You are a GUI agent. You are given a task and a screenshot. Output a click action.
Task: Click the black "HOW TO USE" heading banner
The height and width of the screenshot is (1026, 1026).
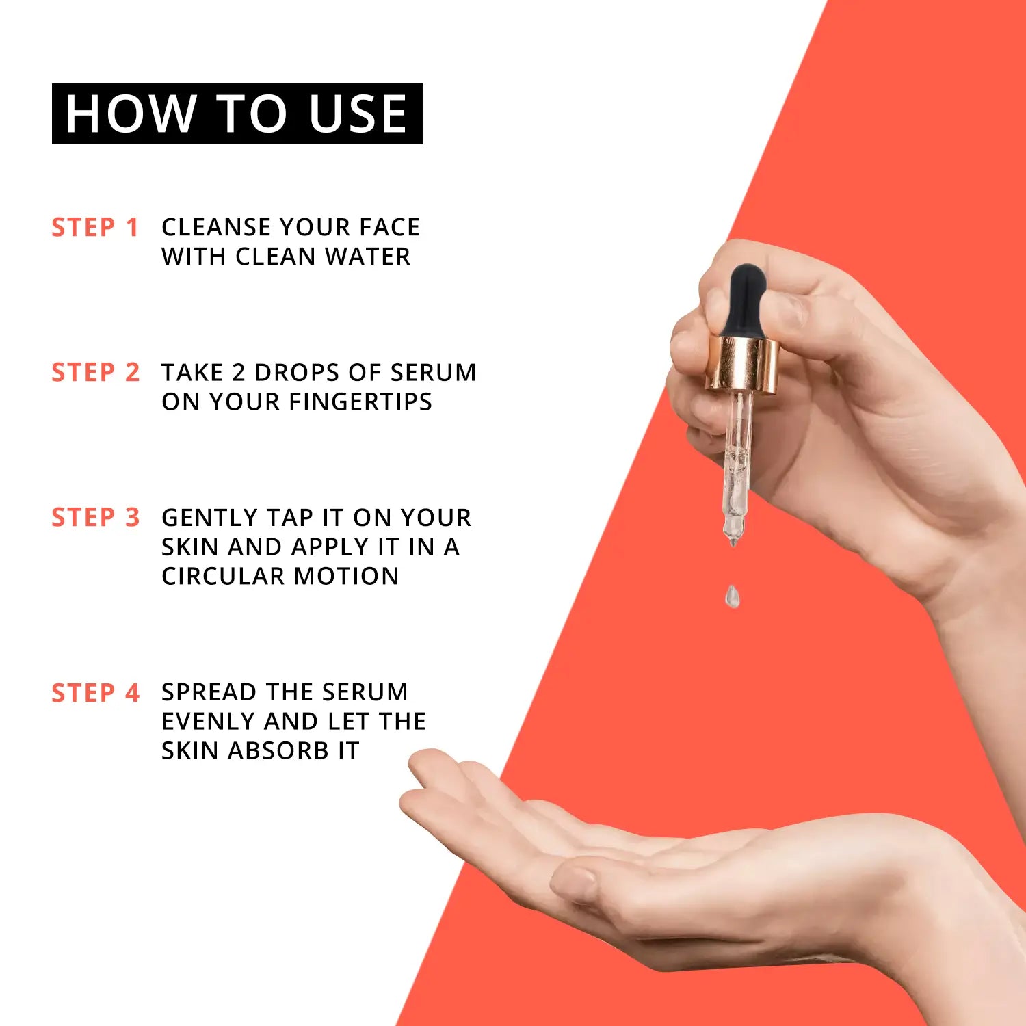(x=237, y=114)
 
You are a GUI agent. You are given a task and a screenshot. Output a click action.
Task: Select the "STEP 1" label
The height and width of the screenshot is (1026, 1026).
(x=95, y=227)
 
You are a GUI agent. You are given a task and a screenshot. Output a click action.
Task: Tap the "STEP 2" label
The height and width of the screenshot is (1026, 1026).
(x=95, y=372)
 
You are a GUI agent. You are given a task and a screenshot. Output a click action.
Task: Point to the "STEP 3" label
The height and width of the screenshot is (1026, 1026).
(x=95, y=517)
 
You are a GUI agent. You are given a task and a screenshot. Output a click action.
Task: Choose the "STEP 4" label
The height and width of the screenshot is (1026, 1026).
(x=95, y=693)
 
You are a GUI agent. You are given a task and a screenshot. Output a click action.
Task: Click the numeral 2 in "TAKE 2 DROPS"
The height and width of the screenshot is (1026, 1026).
(x=238, y=372)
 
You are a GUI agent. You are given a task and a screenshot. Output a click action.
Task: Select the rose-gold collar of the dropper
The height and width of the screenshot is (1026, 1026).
(x=743, y=365)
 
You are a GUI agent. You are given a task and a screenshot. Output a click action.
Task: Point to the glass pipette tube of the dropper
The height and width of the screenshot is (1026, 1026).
(x=737, y=465)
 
